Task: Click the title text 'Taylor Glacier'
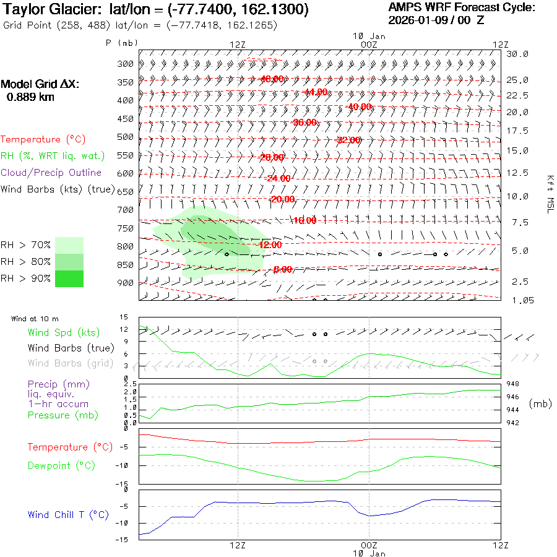pos(44,11)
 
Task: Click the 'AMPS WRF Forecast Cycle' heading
pos(462,7)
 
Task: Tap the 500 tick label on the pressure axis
pos(126,137)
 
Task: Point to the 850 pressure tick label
pos(126,265)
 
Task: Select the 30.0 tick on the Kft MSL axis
pos(517,54)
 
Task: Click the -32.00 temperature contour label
pos(348,140)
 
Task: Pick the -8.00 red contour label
pos(282,269)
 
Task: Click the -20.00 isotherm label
pos(282,199)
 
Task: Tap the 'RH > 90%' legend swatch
pos(69,278)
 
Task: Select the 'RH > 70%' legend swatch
pos(69,245)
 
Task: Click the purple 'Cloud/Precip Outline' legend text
pos(51,173)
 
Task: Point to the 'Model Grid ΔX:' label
pos(40,84)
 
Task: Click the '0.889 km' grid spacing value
pos(30,97)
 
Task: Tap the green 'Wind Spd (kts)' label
pos(64,332)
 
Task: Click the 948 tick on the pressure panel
pos(513,384)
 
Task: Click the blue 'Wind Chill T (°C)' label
pos(68,514)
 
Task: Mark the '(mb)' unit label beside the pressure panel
pos(540,404)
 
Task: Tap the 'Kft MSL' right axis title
pos(548,193)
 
